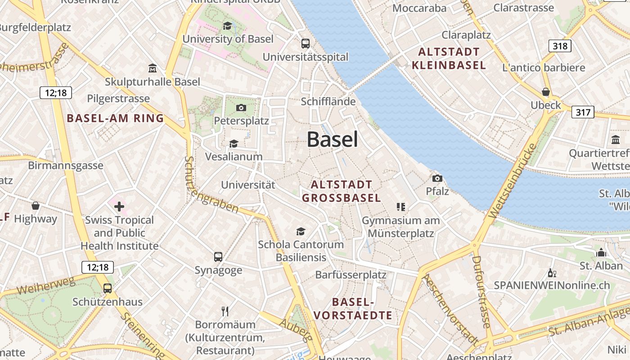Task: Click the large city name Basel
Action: [x=333, y=139]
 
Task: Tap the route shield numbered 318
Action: [x=560, y=45]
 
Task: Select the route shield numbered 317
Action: [x=583, y=112]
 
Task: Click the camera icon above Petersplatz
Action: [x=241, y=108]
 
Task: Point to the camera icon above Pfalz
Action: [x=437, y=178]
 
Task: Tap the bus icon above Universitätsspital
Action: [x=306, y=44]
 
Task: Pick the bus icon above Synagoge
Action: [x=218, y=257]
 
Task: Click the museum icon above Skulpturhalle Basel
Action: [x=153, y=69]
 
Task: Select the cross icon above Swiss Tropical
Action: [x=119, y=207]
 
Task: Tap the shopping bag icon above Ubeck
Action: [x=546, y=92]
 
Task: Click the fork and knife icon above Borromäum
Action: [x=225, y=311]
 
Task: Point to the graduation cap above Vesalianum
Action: [x=234, y=144]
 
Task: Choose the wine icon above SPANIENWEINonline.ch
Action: [x=552, y=273]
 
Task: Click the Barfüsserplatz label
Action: [x=351, y=274]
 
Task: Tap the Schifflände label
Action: [x=328, y=102]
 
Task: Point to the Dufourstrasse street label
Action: [x=481, y=292]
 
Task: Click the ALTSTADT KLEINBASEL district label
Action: [x=449, y=58]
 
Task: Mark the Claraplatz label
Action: [x=466, y=35]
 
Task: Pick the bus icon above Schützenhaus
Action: [x=108, y=288]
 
